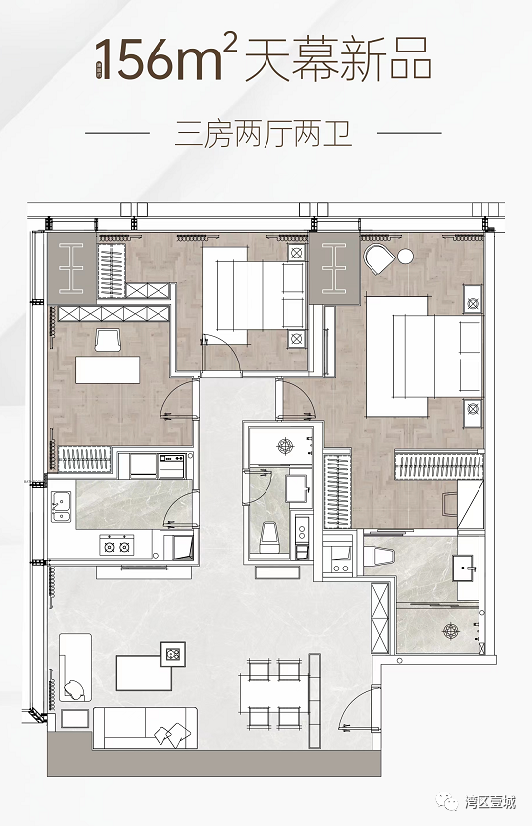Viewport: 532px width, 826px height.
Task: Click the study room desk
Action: (x=108, y=369)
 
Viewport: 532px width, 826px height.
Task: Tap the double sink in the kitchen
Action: (x=61, y=506)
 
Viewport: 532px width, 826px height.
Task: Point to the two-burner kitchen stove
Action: (x=117, y=546)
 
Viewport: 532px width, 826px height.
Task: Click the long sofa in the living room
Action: (x=146, y=729)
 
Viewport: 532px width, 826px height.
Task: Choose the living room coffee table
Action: (x=145, y=672)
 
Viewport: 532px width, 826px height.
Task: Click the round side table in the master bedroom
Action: (x=405, y=257)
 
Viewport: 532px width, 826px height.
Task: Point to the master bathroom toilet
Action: (x=381, y=557)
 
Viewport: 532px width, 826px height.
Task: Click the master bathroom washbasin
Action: (x=468, y=568)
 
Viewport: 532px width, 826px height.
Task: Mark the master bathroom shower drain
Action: (x=451, y=630)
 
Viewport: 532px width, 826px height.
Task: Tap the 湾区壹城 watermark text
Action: (x=490, y=803)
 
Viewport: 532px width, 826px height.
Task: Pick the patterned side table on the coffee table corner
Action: (x=173, y=654)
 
